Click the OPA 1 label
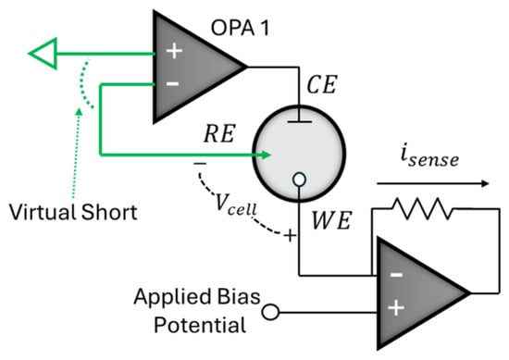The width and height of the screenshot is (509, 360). [240, 28]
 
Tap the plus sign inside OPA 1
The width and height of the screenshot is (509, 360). [174, 51]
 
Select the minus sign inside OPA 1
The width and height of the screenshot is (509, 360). [173, 83]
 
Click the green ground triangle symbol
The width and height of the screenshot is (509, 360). [43, 54]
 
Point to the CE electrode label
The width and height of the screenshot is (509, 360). [321, 84]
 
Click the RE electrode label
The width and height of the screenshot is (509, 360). [219, 134]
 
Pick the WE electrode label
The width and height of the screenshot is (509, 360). [331, 220]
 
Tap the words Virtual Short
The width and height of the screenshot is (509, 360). [73, 212]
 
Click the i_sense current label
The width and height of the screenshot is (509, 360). [429, 157]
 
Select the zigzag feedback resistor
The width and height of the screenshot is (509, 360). [423, 209]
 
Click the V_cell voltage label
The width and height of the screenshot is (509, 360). [236, 205]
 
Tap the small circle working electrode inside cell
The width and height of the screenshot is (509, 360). [299, 180]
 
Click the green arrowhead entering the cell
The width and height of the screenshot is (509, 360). [264, 155]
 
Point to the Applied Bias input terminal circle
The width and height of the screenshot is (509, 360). [270, 312]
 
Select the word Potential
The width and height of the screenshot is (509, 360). [200, 325]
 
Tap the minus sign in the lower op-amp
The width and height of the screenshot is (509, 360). [396, 275]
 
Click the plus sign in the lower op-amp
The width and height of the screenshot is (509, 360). [396, 307]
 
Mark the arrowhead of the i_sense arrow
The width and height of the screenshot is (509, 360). [484, 184]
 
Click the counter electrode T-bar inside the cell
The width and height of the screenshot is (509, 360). [299, 118]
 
